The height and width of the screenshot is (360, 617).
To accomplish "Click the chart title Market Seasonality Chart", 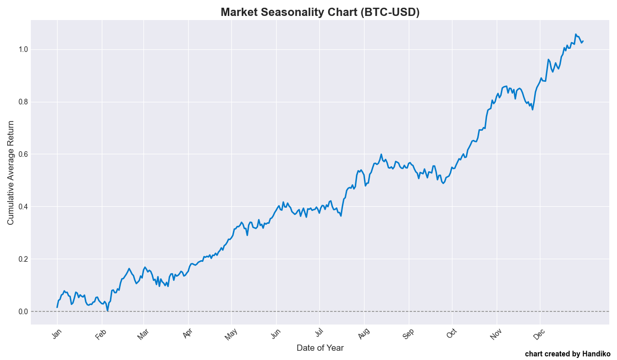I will pyautogui.click(x=320, y=12).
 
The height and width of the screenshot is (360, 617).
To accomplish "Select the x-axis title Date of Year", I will pyautogui.click(x=320, y=348).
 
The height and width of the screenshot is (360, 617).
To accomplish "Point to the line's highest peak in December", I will pyautogui.click(x=576, y=34).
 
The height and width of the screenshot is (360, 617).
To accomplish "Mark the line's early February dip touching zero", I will pyautogui.click(x=107, y=311).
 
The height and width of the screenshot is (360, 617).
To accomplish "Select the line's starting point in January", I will pyautogui.click(x=57, y=307).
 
